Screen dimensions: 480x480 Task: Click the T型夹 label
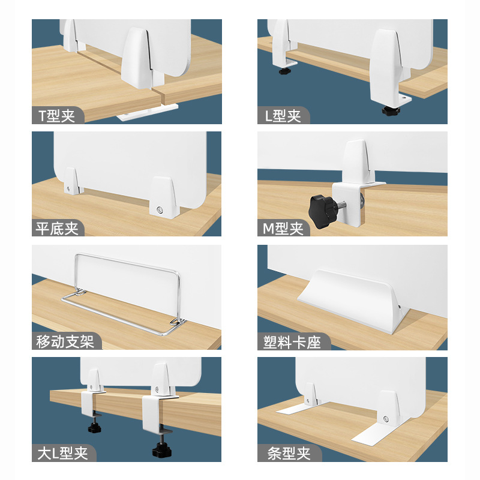[x=57, y=116]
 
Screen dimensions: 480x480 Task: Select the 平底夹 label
[x=57, y=229]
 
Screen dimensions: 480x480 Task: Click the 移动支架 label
[x=65, y=342]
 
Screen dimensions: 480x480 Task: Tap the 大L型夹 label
[x=61, y=452]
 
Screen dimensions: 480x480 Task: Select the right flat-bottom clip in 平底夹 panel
[x=162, y=196]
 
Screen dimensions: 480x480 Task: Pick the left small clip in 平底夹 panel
[x=71, y=181]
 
